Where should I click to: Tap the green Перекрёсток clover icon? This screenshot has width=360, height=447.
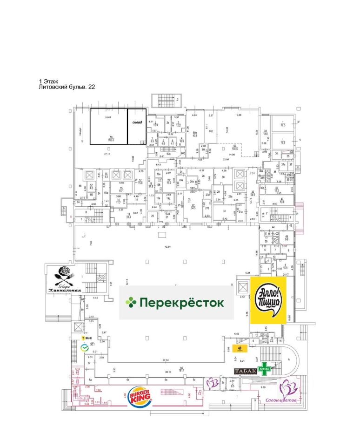[x=130, y=303]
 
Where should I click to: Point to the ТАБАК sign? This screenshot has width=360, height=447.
[x=246, y=371]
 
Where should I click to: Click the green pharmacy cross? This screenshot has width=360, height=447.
[x=265, y=367]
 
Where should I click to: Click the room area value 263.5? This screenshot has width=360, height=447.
[x=111, y=139]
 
